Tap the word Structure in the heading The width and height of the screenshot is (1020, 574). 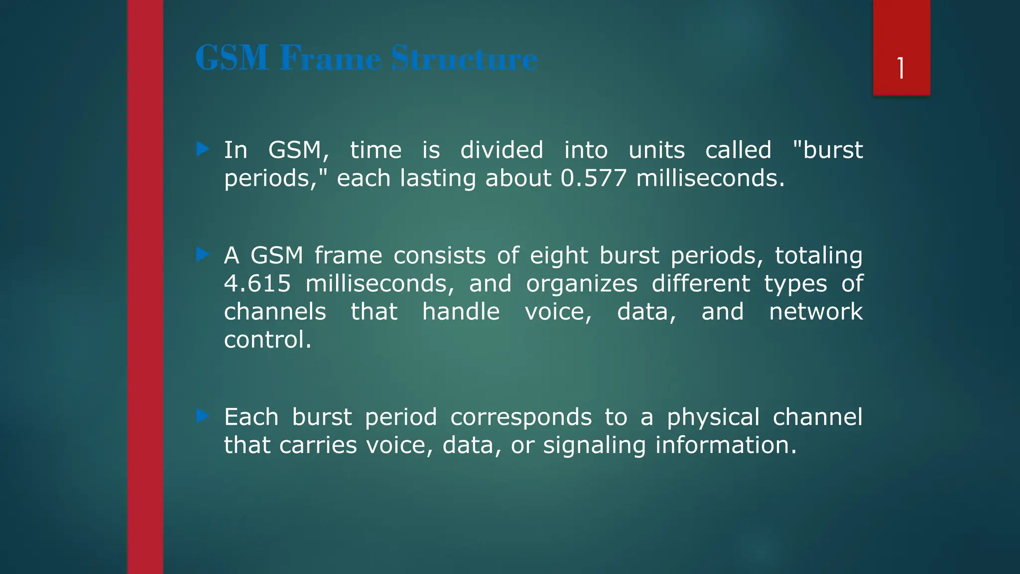pyautogui.click(x=464, y=58)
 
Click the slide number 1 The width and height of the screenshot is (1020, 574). pyautogui.click(x=901, y=68)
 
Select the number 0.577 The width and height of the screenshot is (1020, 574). pyautogui.click(x=593, y=178)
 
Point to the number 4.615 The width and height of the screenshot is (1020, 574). pyautogui.click(x=257, y=284)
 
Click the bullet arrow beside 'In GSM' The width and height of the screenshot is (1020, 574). pyautogui.click(x=203, y=148)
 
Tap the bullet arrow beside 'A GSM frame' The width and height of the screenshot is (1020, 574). pyautogui.click(x=203, y=254)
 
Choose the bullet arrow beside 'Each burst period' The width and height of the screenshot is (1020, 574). pyautogui.click(x=203, y=416)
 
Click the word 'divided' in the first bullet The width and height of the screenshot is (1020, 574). pyautogui.click(x=502, y=150)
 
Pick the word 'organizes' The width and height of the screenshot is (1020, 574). pyautogui.click(x=582, y=284)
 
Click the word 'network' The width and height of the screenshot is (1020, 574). pyautogui.click(x=815, y=312)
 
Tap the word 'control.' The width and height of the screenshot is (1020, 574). pyautogui.click(x=267, y=340)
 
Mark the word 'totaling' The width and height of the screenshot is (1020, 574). pyautogui.click(x=818, y=256)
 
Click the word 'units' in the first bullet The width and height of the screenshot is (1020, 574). pyautogui.click(x=656, y=150)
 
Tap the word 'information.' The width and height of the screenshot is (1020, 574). pyautogui.click(x=726, y=445)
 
